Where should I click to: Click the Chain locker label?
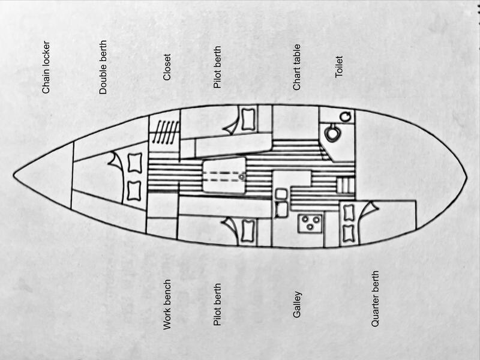(46, 67)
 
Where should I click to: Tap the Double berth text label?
(103, 67)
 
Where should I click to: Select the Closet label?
(167, 67)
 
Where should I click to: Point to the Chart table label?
(296, 67)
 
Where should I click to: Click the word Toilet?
(338, 67)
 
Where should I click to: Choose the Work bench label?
(167, 305)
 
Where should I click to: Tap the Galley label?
(297, 305)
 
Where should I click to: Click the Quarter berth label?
(375, 299)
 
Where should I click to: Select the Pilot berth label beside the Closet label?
(217, 67)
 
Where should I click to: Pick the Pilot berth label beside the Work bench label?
(217, 305)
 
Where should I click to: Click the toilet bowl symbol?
(332, 133)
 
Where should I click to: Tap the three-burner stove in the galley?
(310, 223)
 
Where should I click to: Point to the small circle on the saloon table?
(242, 177)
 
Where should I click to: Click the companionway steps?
(345, 185)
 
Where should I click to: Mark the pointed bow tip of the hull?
(13, 175)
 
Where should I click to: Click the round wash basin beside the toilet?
(346, 116)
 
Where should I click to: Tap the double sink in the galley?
(281, 203)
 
